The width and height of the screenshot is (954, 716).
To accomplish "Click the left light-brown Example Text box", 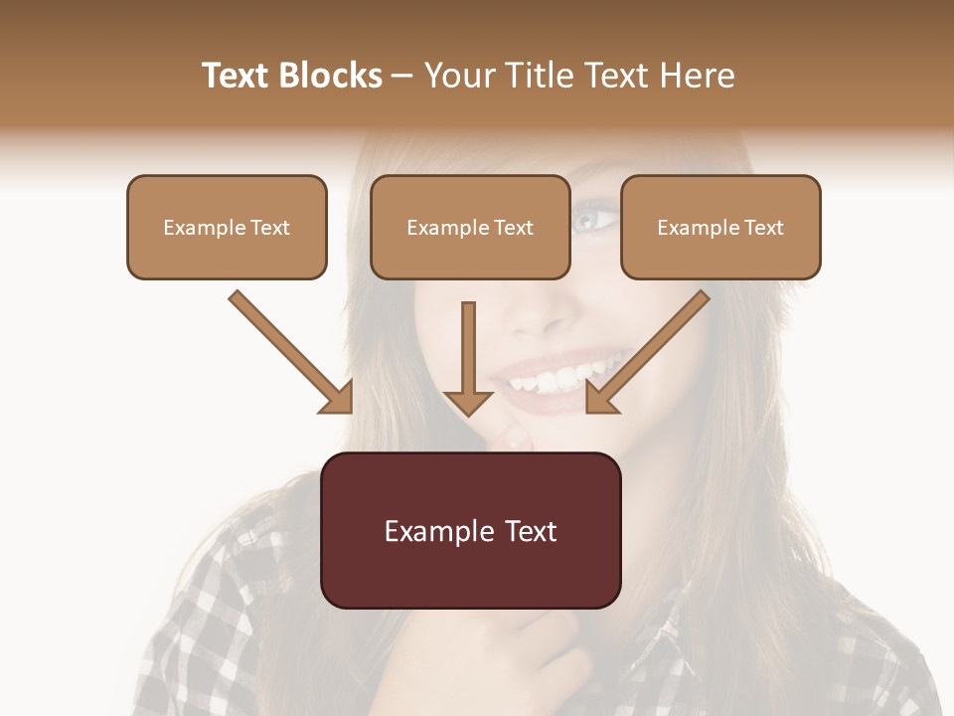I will click(227, 227).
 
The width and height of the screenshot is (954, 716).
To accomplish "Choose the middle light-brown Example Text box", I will click(470, 227).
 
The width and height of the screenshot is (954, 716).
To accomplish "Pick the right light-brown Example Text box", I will click(720, 227).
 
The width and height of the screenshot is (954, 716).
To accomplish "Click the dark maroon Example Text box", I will click(471, 530).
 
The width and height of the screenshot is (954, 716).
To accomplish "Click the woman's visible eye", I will click(593, 218).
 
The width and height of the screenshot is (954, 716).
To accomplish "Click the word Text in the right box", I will click(763, 227).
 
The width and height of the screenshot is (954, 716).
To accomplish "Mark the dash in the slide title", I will click(402, 76).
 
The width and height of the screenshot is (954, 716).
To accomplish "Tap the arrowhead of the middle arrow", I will click(468, 400).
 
